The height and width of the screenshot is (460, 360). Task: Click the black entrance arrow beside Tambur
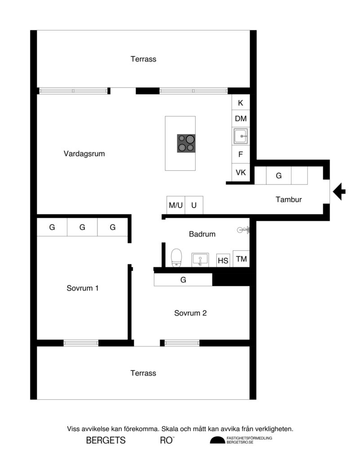[340, 192]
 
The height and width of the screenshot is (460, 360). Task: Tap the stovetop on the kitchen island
[187, 143]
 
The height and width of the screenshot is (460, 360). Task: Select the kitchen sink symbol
[240, 135]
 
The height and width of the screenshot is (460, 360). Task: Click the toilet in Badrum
[177, 258]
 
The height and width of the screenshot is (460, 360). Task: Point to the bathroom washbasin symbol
[200, 259]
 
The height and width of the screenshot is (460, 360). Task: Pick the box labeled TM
[241, 259]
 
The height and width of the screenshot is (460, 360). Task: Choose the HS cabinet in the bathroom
[223, 260]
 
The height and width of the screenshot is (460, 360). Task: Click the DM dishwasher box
[240, 119]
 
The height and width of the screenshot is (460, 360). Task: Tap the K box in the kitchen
[240, 103]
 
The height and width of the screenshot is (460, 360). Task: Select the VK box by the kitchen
[240, 172]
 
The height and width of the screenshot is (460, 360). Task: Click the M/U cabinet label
[176, 205]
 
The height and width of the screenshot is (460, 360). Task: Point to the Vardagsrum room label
[84, 154]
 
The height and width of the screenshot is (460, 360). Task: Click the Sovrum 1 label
[82, 288]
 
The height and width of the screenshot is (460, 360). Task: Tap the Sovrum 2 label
[190, 313]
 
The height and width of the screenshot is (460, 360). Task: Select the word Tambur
[289, 200]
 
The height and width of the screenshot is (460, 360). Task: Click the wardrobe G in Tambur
[279, 176]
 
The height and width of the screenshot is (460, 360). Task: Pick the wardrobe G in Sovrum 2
[183, 280]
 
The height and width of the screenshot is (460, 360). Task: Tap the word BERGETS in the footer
[106, 441]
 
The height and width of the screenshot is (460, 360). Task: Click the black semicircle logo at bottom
[218, 440]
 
